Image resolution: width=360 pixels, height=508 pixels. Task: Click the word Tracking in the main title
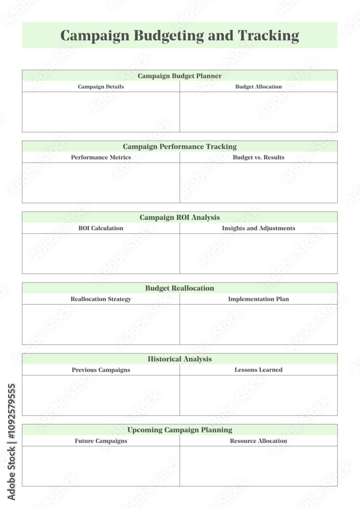[x=268, y=36]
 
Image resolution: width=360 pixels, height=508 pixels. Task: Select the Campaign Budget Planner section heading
[x=179, y=76]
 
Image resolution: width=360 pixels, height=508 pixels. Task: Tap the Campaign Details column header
[x=101, y=86]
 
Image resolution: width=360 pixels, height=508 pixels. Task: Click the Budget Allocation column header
[x=258, y=86]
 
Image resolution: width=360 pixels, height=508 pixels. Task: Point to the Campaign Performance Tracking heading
[x=179, y=146]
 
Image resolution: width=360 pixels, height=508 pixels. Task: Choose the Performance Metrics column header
[x=101, y=157]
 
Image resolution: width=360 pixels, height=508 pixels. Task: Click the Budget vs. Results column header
[x=258, y=157]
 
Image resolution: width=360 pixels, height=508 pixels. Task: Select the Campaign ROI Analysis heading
[x=179, y=217]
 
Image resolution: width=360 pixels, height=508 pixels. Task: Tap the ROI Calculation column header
[x=101, y=228]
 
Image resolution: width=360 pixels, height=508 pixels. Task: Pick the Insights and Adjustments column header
[x=258, y=228]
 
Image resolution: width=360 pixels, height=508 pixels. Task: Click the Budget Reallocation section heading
[x=179, y=288]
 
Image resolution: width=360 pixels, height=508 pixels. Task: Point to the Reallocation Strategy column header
[x=101, y=299]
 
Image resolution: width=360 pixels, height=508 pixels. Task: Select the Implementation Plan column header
[x=258, y=299]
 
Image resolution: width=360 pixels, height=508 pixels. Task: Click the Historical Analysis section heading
[x=179, y=359]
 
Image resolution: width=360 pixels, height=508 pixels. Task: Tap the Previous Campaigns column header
[x=101, y=370]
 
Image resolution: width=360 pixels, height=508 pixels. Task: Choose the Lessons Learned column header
[x=258, y=370]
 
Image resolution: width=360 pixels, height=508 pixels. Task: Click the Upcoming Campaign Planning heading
[x=179, y=430]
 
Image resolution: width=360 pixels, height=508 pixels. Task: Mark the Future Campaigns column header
[x=101, y=440]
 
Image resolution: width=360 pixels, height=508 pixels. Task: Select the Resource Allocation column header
[x=258, y=440]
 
